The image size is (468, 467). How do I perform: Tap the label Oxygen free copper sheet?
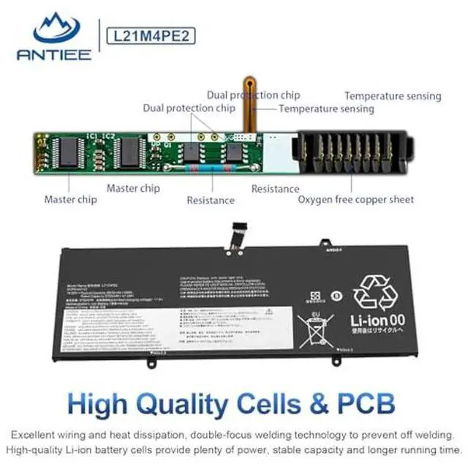click(355, 199)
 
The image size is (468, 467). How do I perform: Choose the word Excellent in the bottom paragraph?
click(34, 434)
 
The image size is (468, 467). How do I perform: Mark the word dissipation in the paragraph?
click(164, 434)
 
